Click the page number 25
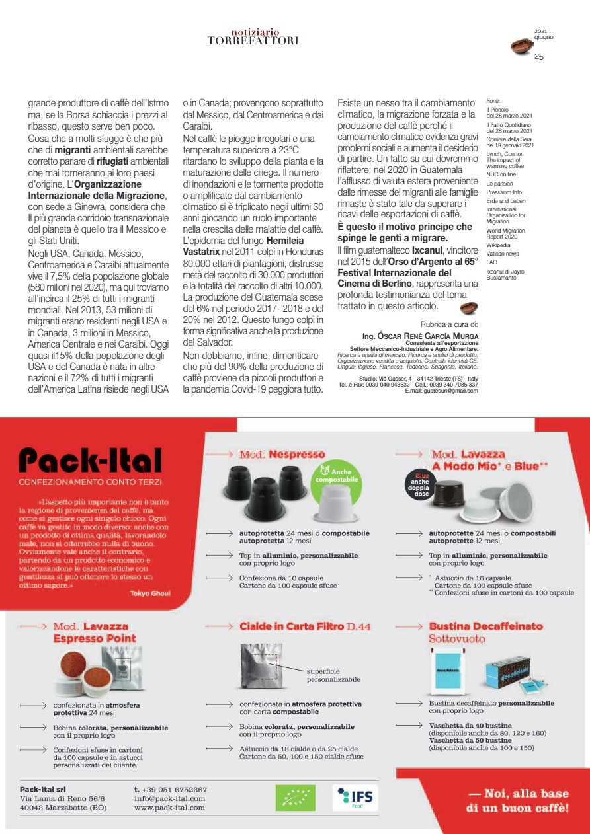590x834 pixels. point(539,57)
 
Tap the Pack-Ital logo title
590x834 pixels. point(91,461)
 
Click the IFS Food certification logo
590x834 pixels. point(356,798)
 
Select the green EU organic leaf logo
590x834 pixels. point(295,798)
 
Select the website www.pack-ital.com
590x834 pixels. point(169,808)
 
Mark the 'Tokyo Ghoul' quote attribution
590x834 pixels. point(150,593)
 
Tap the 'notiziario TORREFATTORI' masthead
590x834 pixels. point(253,37)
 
